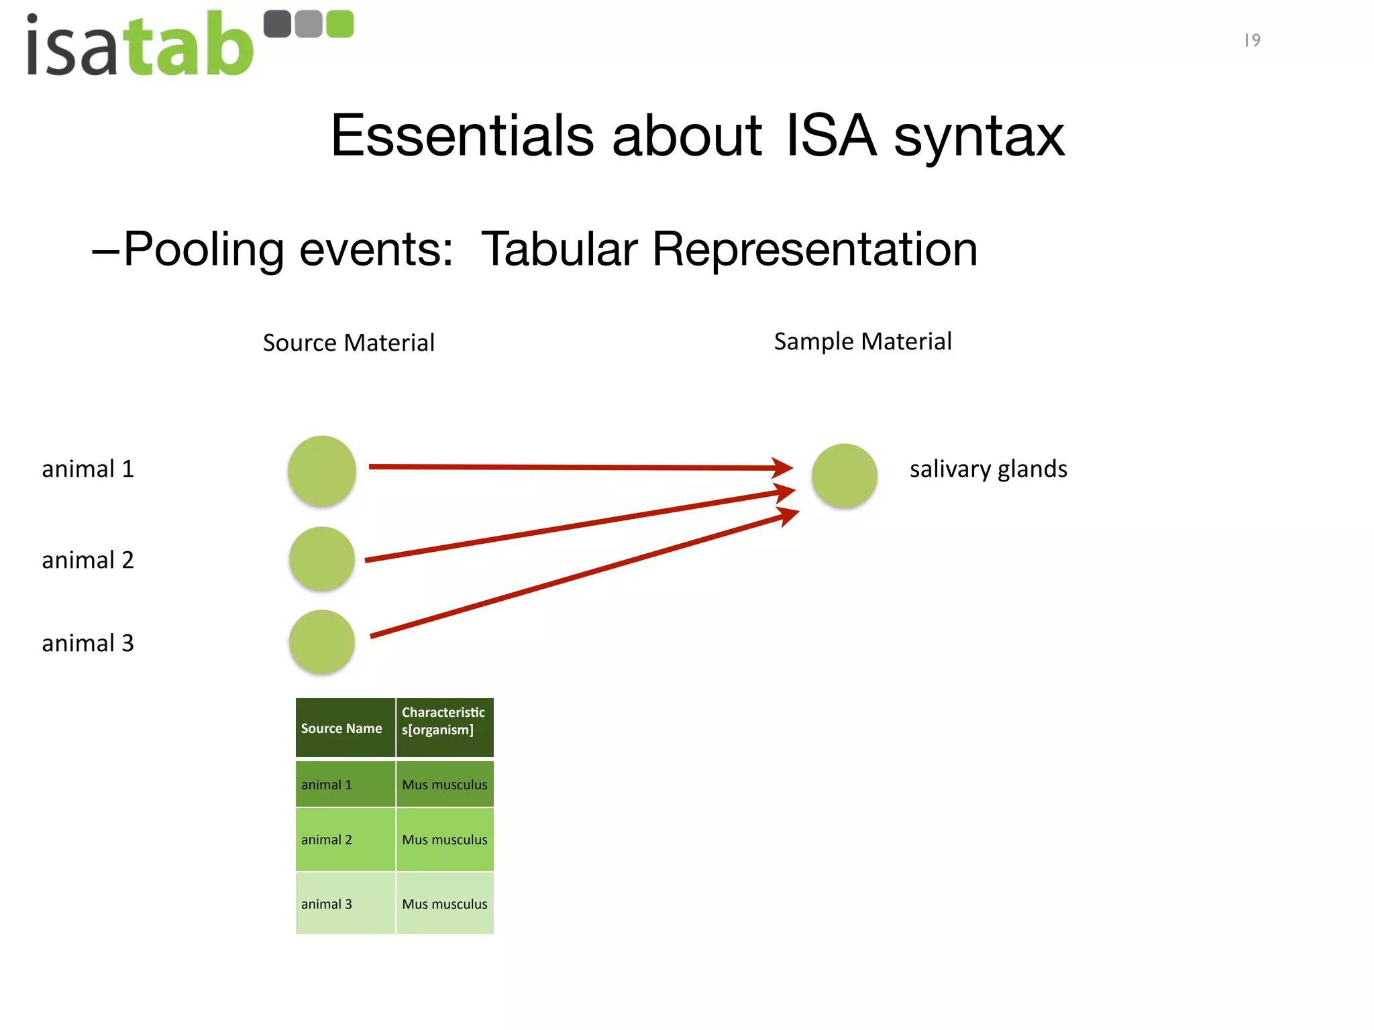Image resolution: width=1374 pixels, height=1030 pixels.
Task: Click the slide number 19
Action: point(1252,40)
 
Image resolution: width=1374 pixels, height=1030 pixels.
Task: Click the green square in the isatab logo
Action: point(339,24)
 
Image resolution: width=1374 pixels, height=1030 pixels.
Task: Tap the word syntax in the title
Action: point(979,136)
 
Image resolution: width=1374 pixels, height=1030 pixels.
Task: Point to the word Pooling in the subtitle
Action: point(204,249)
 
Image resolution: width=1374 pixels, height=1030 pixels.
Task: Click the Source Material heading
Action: point(348,343)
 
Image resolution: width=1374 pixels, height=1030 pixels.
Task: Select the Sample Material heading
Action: point(862,341)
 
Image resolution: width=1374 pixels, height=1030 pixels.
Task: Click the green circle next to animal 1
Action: point(322,471)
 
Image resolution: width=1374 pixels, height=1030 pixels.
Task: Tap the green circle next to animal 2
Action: point(322,559)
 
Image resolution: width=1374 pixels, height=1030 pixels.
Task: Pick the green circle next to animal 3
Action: point(322,642)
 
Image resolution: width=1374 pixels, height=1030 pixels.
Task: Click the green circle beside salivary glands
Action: point(844,475)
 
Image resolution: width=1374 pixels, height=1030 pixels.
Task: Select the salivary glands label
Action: point(988,469)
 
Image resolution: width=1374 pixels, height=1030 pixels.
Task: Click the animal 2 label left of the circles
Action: point(88,560)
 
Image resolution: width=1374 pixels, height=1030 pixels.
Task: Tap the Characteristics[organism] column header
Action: point(444,722)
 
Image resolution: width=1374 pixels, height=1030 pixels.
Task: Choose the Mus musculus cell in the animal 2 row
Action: point(444,840)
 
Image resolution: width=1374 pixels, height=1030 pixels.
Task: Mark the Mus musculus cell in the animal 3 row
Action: point(444,904)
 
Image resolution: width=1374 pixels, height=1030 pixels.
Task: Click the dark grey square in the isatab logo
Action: point(277,24)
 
